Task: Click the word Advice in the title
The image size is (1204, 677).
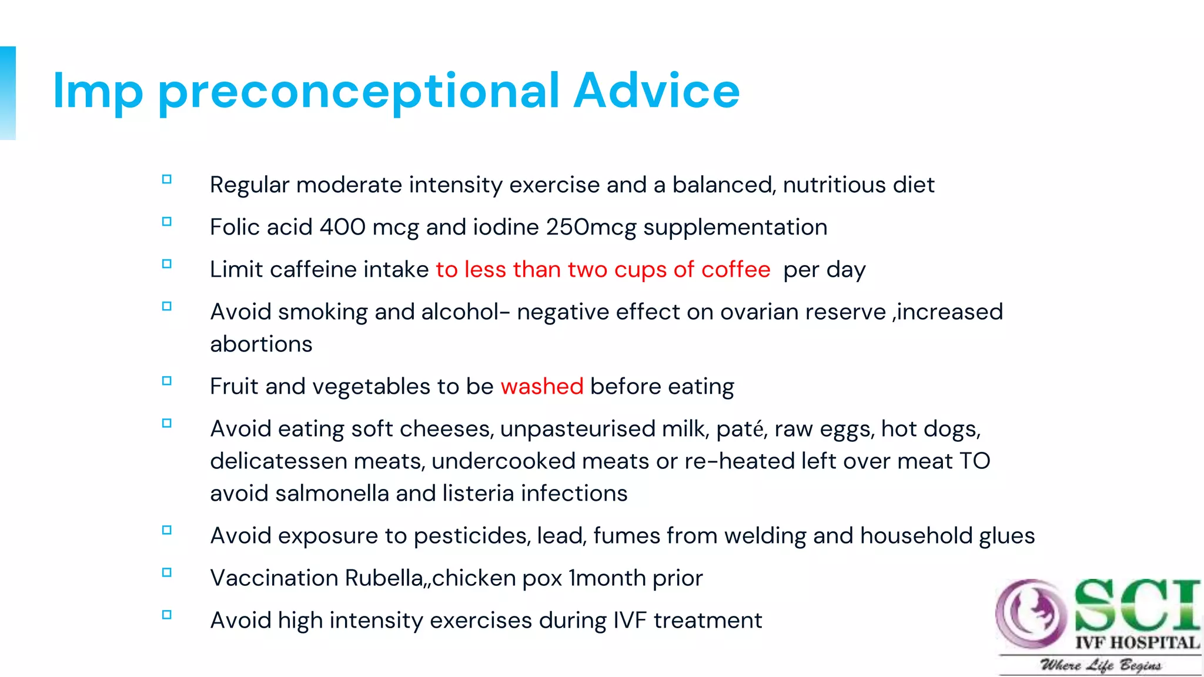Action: coord(656,91)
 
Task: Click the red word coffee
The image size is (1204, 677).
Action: coord(735,270)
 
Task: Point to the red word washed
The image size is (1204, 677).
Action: coord(542,387)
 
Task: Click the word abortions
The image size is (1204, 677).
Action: coord(261,344)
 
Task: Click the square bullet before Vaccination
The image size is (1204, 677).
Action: coord(167,572)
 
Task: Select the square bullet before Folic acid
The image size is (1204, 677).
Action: coord(167,222)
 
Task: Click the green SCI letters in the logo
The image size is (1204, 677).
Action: coord(1137,605)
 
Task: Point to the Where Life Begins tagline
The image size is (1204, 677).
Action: coord(1101,665)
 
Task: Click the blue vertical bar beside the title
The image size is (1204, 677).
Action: coord(8,93)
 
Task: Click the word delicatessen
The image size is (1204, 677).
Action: coord(279,461)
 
